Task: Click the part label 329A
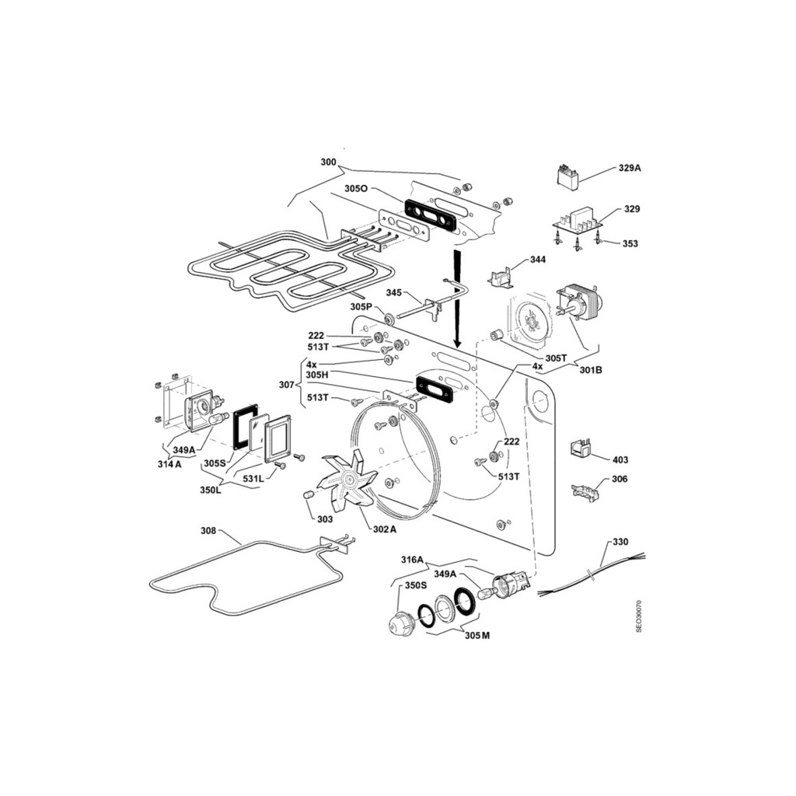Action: (x=630, y=168)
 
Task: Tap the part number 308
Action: (x=208, y=531)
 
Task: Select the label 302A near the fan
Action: (x=384, y=529)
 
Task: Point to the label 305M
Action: (x=477, y=636)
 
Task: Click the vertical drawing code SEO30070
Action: (x=639, y=616)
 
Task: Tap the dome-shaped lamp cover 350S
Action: (x=402, y=623)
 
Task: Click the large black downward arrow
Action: (x=457, y=298)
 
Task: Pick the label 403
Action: (x=620, y=460)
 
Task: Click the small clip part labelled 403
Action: (x=580, y=447)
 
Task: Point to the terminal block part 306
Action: (x=585, y=492)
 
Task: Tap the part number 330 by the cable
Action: (x=620, y=542)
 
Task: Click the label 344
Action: (x=538, y=260)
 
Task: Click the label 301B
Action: (x=591, y=370)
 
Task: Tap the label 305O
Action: (x=356, y=189)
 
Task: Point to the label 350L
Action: (x=211, y=491)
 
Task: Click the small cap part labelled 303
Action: (x=308, y=495)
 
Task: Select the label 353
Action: (x=630, y=243)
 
